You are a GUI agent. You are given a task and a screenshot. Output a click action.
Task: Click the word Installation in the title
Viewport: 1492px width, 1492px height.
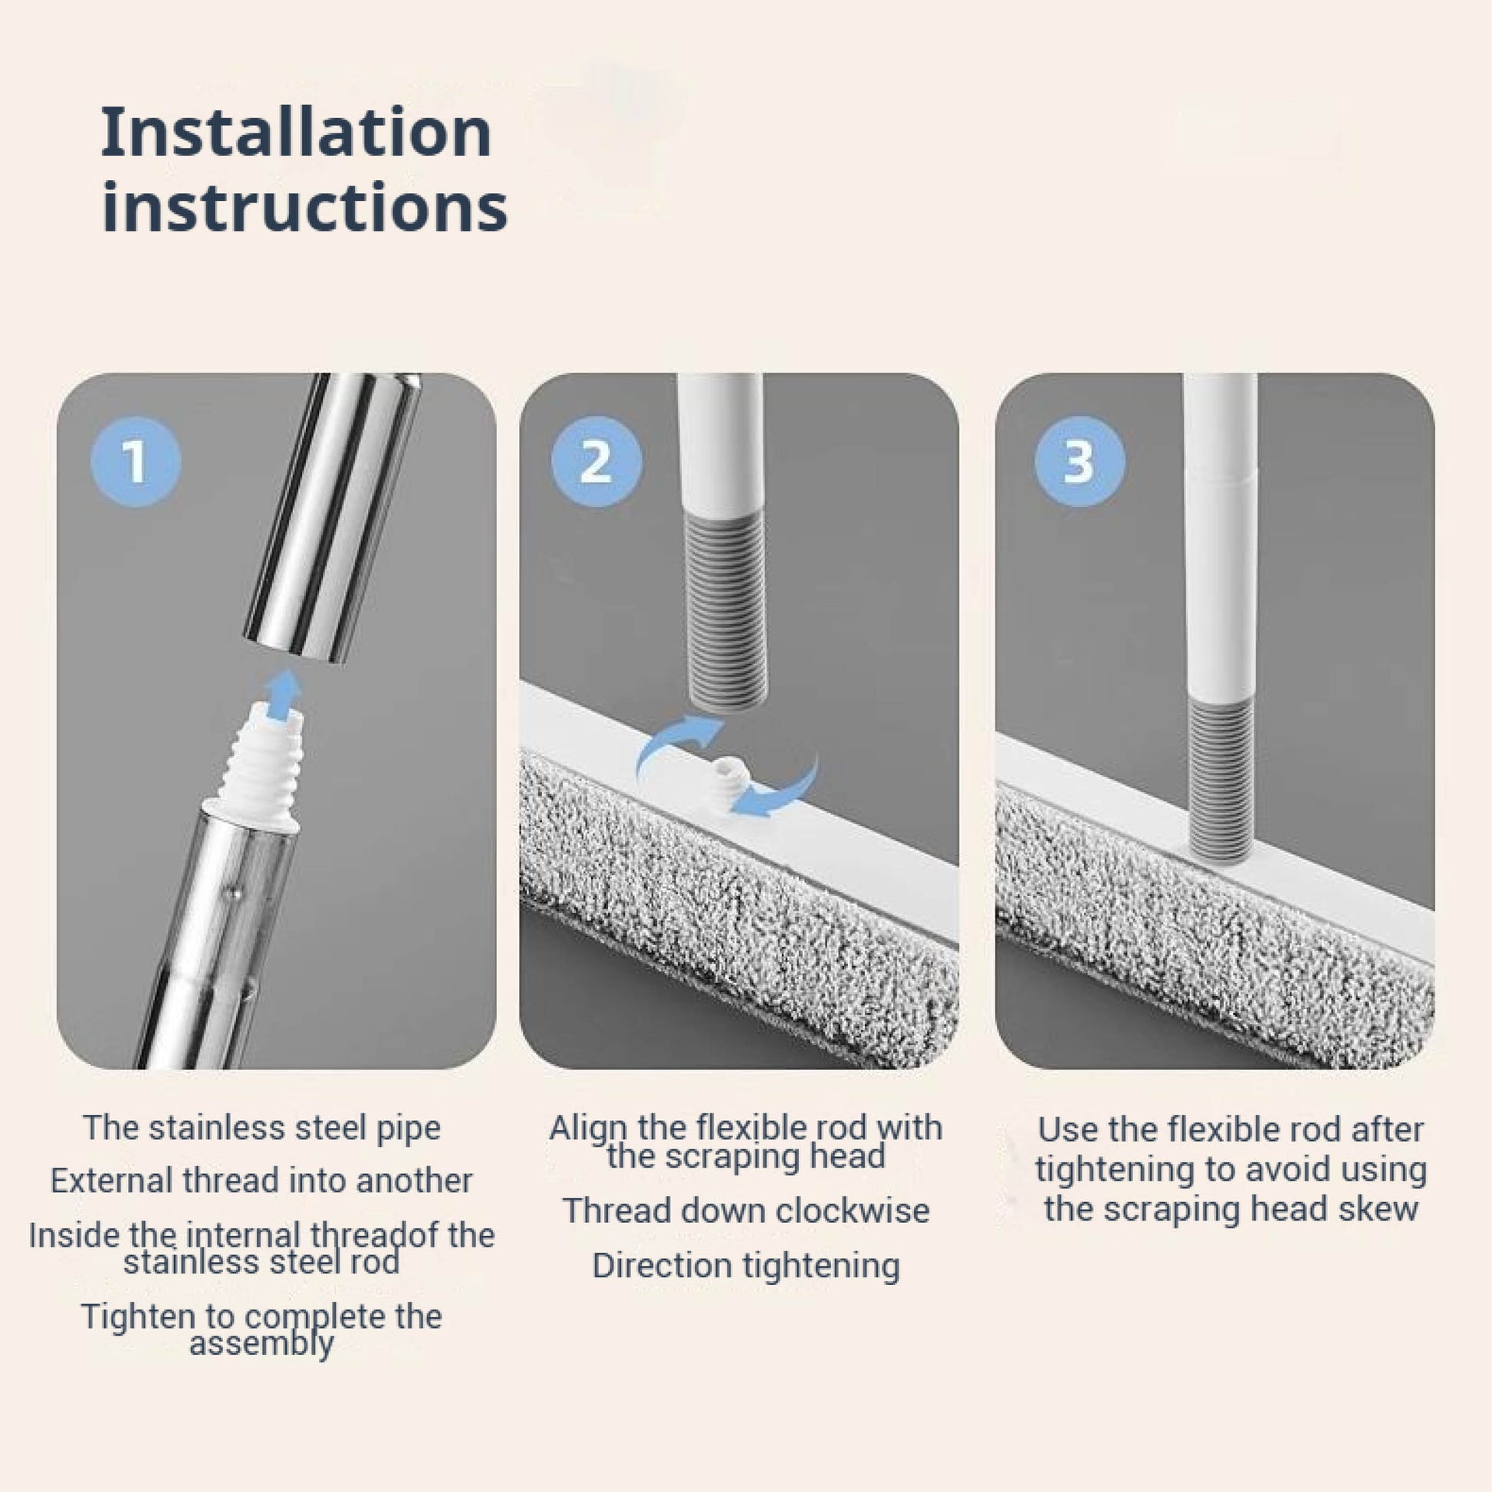coord(297,132)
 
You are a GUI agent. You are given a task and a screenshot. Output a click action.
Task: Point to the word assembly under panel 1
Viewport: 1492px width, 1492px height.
coord(261,1344)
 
